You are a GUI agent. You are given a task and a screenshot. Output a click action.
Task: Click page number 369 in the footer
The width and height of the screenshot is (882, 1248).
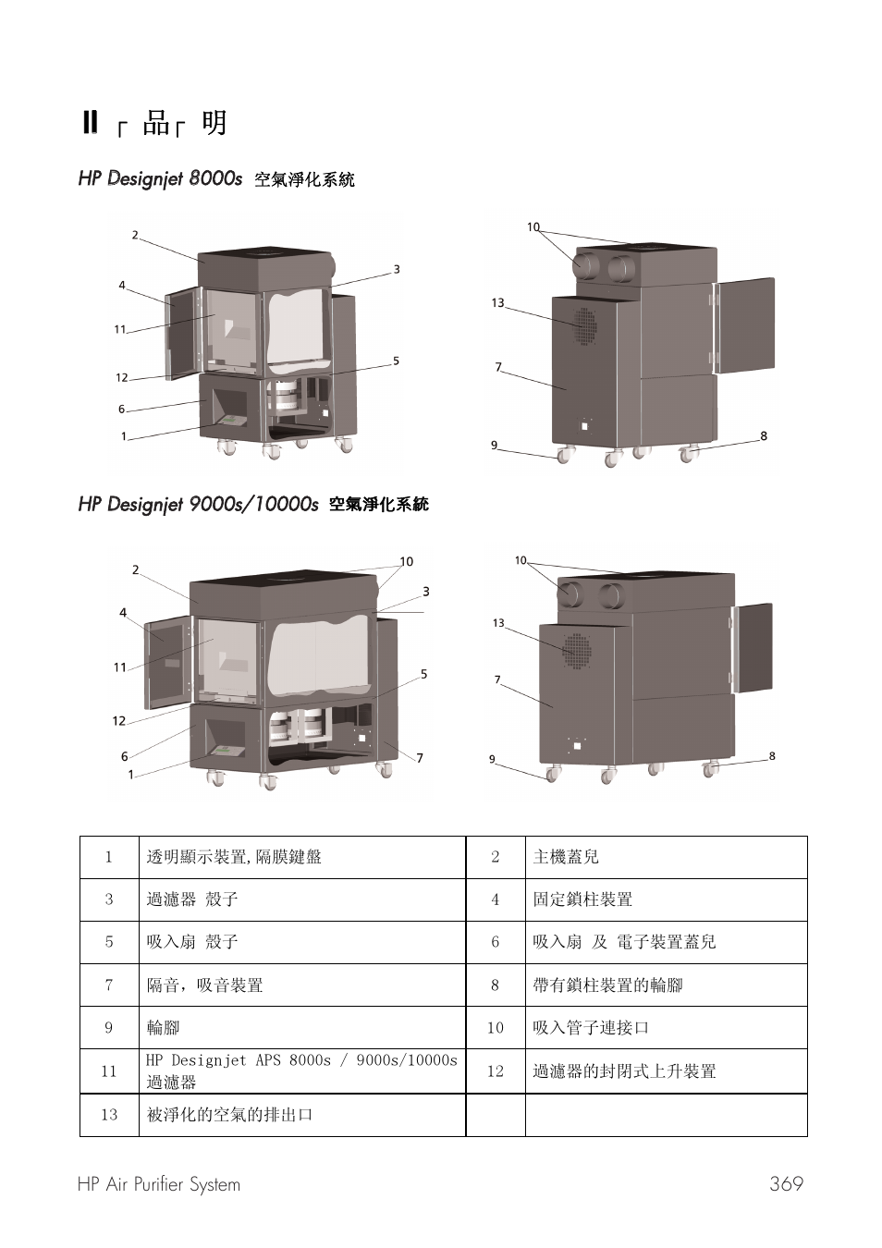coord(786,1184)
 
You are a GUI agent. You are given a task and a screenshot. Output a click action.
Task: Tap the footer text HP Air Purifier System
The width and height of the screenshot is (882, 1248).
coord(159,1184)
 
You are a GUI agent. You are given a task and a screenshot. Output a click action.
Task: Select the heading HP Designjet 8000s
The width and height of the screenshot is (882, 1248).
coord(160,177)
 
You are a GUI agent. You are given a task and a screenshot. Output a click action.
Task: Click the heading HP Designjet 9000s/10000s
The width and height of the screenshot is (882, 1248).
coord(198,504)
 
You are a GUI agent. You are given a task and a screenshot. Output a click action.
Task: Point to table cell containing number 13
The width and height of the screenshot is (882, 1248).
coord(109,1115)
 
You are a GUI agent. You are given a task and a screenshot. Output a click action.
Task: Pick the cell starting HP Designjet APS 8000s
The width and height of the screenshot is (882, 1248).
coord(301,1071)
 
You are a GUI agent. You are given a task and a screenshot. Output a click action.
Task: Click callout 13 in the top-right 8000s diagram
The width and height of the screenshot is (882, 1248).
coord(498,302)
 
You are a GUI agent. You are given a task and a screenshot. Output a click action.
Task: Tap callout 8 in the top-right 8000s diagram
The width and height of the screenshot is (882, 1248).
coord(764,435)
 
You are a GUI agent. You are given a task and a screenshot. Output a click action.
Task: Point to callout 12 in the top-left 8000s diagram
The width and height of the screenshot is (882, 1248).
coord(122,377)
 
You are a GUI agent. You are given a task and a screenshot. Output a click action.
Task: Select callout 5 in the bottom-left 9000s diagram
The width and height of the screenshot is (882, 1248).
coord(423,674)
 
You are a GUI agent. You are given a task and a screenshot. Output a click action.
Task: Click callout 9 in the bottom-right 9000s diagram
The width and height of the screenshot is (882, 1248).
coord(493,759)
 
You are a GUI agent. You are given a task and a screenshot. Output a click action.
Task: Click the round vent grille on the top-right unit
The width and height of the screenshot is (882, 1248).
coord(584,325)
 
